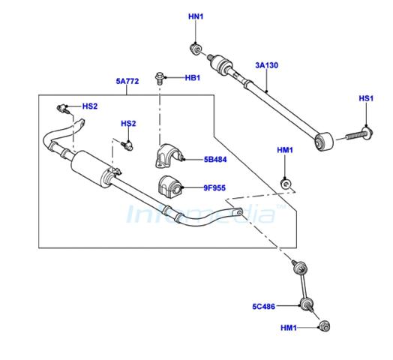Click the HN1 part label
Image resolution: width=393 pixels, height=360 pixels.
(x=196, y=16)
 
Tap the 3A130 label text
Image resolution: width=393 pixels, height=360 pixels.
(x=267, y=65)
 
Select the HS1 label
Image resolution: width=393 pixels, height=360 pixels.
(x=366, y=98)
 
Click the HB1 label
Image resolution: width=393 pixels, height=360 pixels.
(x=193, y=78)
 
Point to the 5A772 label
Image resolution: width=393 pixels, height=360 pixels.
(x=127, y=81)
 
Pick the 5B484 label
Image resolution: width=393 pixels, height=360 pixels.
(x=215, y=160)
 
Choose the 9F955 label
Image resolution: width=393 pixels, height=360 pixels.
(x=214, y=187)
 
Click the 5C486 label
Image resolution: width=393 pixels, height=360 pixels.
(x=264, y=306)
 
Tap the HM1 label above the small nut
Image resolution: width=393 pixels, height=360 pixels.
(x=285, y=150)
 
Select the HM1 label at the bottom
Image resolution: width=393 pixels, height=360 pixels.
(x=289, y=328)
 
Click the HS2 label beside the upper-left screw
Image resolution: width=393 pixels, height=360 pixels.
(x=90, y=106)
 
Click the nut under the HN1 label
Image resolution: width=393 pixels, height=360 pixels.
(x=195, y=49)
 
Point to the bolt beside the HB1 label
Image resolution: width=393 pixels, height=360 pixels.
(x=159, y=78)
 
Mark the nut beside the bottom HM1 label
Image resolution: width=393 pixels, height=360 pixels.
(x=325, y=326)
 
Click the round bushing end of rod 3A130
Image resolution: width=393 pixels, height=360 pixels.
(x=324, y=142)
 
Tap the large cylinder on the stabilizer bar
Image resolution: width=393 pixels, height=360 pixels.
(x=91, y=169)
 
